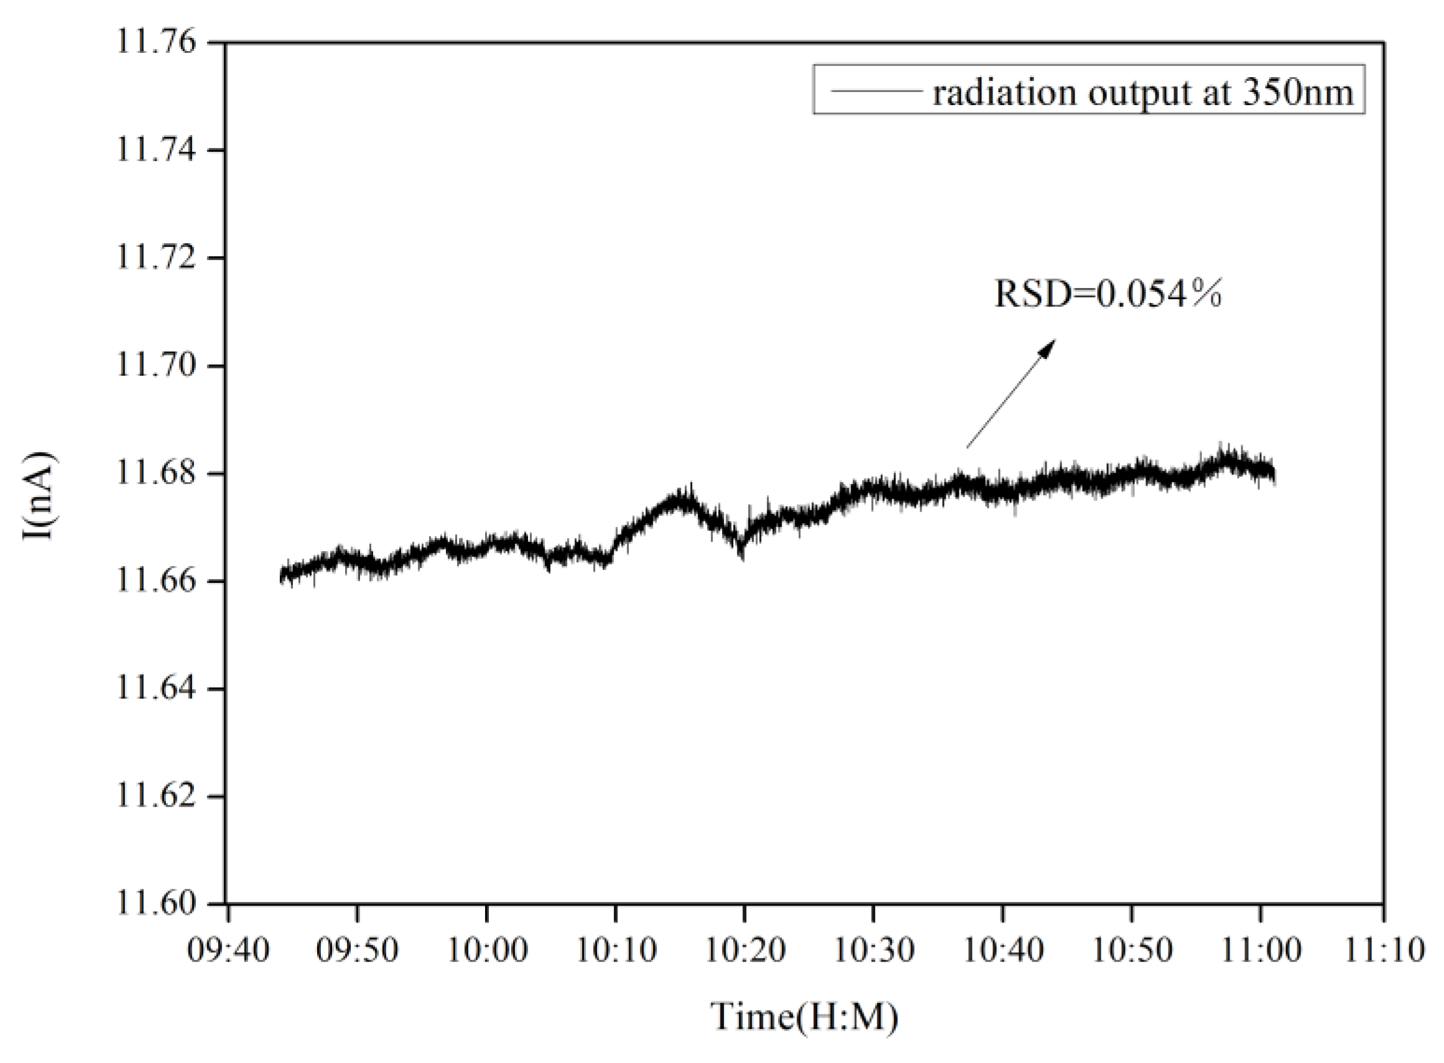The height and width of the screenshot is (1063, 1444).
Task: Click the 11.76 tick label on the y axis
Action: [155, 42]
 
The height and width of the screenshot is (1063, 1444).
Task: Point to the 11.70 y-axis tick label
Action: [155, 366]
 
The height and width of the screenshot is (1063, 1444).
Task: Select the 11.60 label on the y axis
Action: [155, 903]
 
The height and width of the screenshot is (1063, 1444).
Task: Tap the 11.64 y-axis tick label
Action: [155, 688]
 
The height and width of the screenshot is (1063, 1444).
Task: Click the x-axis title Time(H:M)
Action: [804, 1018]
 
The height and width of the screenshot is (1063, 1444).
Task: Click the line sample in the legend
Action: [875, 91]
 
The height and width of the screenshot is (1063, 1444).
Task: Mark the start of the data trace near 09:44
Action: [282, 575]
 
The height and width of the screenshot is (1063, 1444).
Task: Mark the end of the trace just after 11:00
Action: [1273, 475]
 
